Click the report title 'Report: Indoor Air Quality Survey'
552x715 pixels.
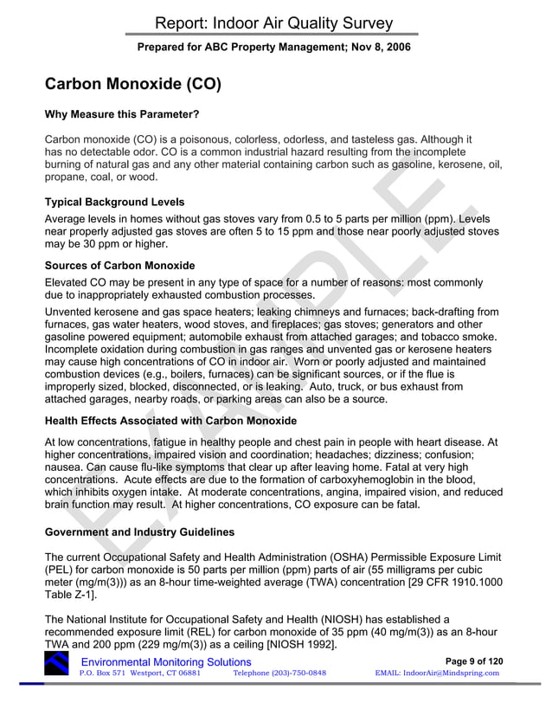click(275, 23)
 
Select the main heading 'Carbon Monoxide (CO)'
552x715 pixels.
click(133, 86)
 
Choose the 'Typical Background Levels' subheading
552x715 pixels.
click(114, 203)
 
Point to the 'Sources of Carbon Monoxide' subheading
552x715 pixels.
click(119, 265)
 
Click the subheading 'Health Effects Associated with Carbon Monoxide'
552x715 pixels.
click(170, 421)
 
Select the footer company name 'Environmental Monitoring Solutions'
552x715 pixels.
click(165, 662)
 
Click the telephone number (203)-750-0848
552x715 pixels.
click(279, 673)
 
